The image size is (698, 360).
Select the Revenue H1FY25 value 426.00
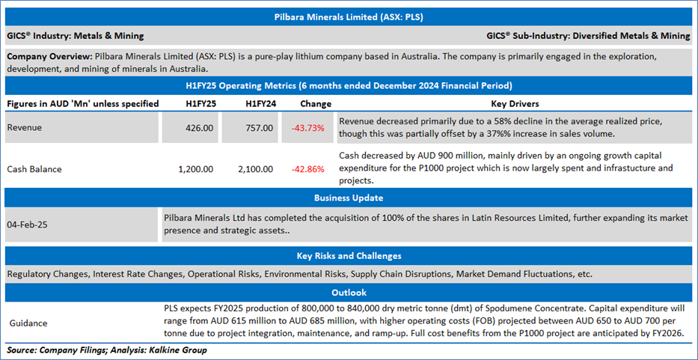click(x=198, y=128)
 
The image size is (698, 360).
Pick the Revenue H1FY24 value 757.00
click(x=258, y=128)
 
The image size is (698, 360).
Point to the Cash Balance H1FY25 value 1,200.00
click(x=196, y=169)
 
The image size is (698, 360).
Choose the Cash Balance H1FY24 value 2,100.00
click(x=256, y=169)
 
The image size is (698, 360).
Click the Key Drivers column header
click(x=515, y=104)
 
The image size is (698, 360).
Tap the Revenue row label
click(x=25, y=128)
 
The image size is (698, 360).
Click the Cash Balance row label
click(x=34, y=169)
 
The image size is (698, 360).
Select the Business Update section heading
click(x=349, y=198)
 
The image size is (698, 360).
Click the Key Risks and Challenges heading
click(x=349, y=256)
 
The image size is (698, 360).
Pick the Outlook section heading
click(x=349, y=293)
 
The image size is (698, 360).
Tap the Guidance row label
click(x=28, y=323)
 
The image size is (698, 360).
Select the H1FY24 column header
click(x=258, y=104)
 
